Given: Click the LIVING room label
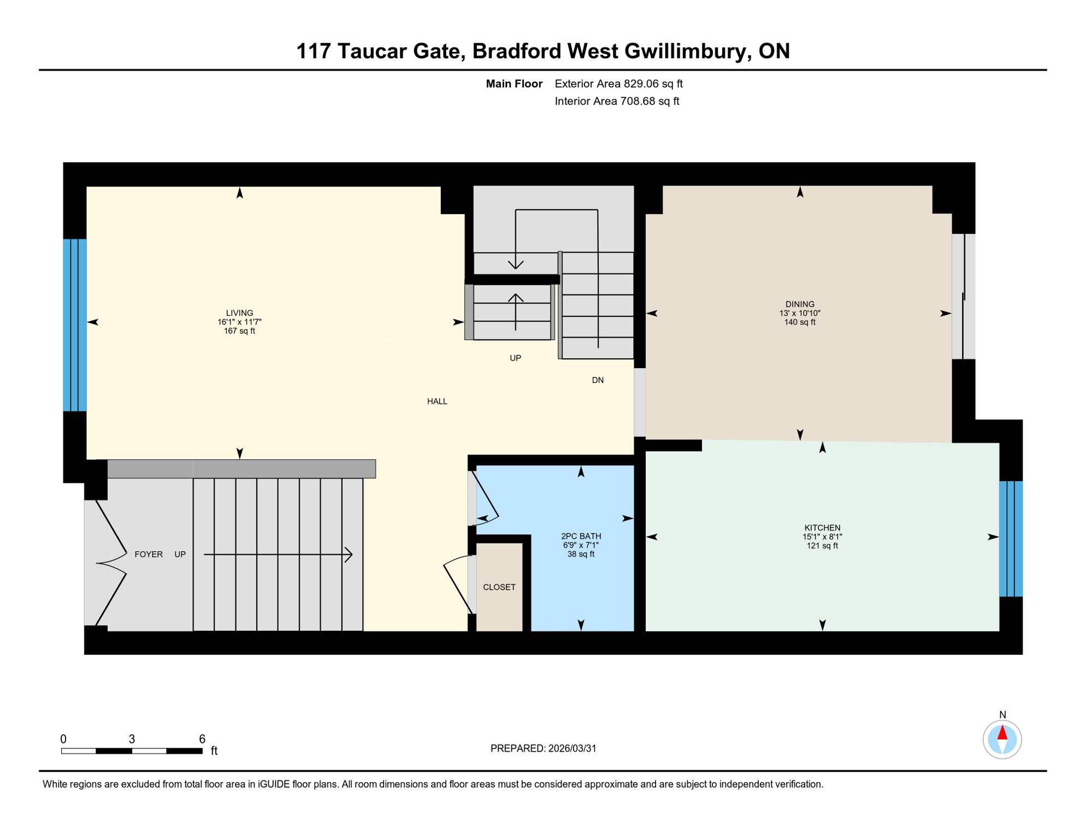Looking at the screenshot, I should tap(239, 313).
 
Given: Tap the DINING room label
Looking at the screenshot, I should tap(800, 304).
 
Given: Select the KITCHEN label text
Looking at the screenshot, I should tap(822, 528).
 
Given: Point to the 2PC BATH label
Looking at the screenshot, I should tap(581, 536).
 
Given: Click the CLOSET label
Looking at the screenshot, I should tap(499, 587).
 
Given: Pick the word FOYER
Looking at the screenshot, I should tap(149, 554).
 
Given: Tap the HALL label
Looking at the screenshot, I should tap(437, 401).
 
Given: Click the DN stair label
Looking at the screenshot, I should tap(598, 380).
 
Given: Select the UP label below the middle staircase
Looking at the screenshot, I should tap(515, 358).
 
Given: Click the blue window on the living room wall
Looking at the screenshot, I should tap(75, 325).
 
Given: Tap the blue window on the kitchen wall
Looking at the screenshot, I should tap(1011, 539).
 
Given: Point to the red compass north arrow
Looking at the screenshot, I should tap(1002, 732).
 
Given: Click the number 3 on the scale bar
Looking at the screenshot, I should tap(132, 739).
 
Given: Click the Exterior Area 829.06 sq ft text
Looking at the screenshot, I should tap(618, 84).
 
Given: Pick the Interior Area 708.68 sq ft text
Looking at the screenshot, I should tap(617, 101).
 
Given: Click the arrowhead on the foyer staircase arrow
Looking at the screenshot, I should tap(349, 554).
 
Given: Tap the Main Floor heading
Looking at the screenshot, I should tap(514, 84).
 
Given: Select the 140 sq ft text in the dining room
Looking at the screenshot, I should tap(800, 322).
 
